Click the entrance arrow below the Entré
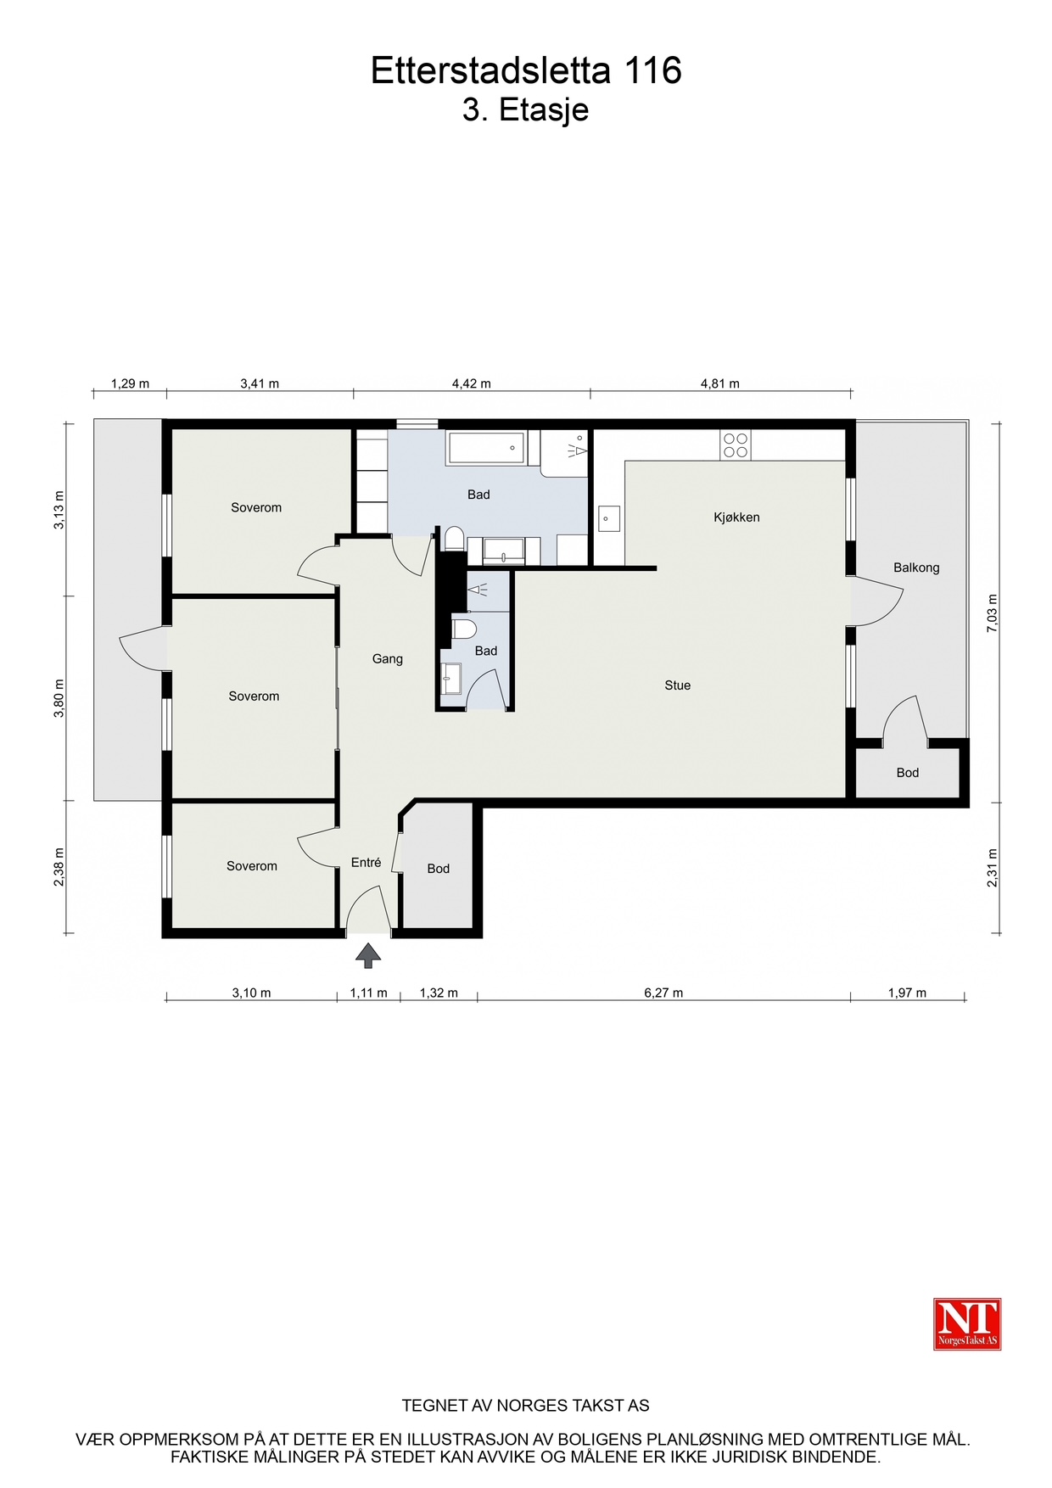pyautogui.click(x=368, y=955)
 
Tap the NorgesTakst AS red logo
pyautogui.click(x=967, y=1323)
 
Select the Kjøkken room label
pyautogui.click(x=736, y=517)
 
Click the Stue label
pyautogui.click(x=678, y=685)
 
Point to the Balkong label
pyautogui.click(x=916, y=568)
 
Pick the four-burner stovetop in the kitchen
pyautogui.click(x=736, y=445)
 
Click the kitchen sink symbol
pyautogui.click(x=609, y=518)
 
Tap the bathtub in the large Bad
pyautogui.click(x=487, y=448)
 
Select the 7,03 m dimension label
pyautogui.click(x=993, y=612)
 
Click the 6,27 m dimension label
pyautogui.click(x=663, y=993)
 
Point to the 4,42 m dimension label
pyautogui.click(x=472, y=383)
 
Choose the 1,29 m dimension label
pyautogui.click(x=130, y=383)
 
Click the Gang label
pyautogui.click(x=388, y=659)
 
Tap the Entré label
pyautogui.click(x=367, y=863)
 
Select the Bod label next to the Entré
pyautogui.click(x=439, y=869)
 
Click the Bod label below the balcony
pyautogui.click(x=908, y=773)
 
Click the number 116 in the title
pyautogui.click(x=653, y=70)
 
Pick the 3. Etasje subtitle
pyautogui.click(x=526, y=110)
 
